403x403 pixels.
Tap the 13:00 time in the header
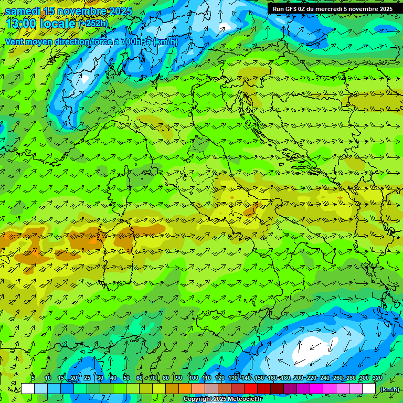pyautogui.click(x=20, y=23)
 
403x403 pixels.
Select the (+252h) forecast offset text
pyautogui.click(x=93, y=24)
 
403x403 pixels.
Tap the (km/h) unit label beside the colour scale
pyautogui.click(x=389, y=389)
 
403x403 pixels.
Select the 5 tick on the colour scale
pyautogui.click(x=33, y=378)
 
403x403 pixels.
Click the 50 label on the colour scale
pyautogui.click(x=126, y=378)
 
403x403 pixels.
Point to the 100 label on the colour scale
pyautogui.click(x=193, y=378)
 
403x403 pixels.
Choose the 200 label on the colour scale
pyautogui.click(x=299, y=378)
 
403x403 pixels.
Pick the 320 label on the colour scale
pyautogui.click(x=377, y=378)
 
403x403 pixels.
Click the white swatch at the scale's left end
pyautogui.click(x=28, y=389)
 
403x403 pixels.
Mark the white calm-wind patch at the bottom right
pyautogui.click(x=315, y=346)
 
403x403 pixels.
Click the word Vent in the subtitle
pyautogui.click(x=14, y=41)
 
